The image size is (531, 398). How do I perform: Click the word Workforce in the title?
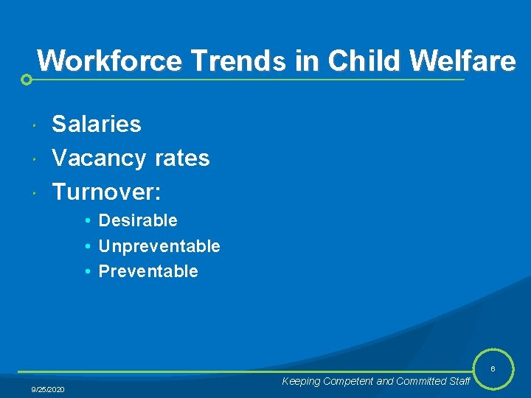click(x=109, y=60)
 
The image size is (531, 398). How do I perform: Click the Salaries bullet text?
click(x=97, y=124)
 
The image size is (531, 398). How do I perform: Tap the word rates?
click(x=182, y=158)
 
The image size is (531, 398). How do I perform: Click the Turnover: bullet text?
click(x=106, y=192)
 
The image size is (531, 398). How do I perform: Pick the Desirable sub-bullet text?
click(x=138, y=220)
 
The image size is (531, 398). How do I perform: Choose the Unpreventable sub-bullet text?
click(x=159, y=246)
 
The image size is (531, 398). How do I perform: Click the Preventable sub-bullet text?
click(x=148, y=271)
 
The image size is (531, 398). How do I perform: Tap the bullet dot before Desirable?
click(x=87, y=221)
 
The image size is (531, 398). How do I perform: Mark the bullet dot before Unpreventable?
click(x=87, y=246)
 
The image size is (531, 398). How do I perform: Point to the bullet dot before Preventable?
click(x=87, y=271)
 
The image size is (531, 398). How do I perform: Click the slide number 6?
click(x=493, y=369)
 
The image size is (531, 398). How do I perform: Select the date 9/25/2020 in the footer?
click(x=48, y=389)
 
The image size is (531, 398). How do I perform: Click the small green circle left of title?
click(x=27, y=80)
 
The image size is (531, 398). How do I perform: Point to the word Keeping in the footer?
click(x=301, y=381)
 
